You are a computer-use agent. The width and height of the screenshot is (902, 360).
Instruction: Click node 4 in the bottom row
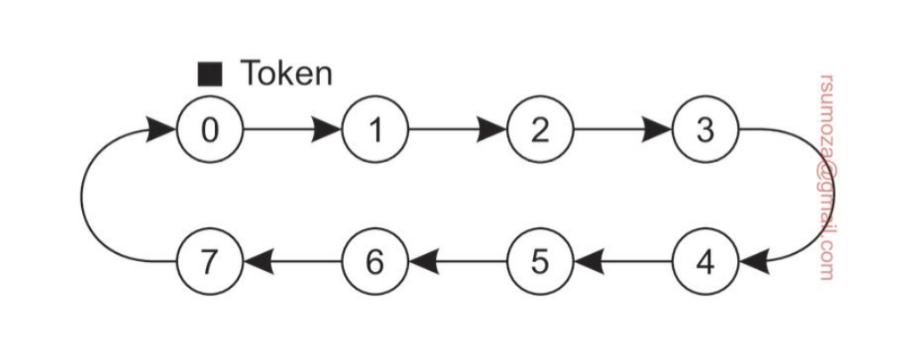click(x=704, y=264)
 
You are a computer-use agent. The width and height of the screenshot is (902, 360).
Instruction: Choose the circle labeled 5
click(x=539, y=264)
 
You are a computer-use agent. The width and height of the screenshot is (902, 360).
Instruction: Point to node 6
click(x=375, y=264)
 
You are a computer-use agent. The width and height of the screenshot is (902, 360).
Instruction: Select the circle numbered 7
click(x=209, y=264)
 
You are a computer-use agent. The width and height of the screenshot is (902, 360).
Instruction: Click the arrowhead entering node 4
click(x=750, y=264)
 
